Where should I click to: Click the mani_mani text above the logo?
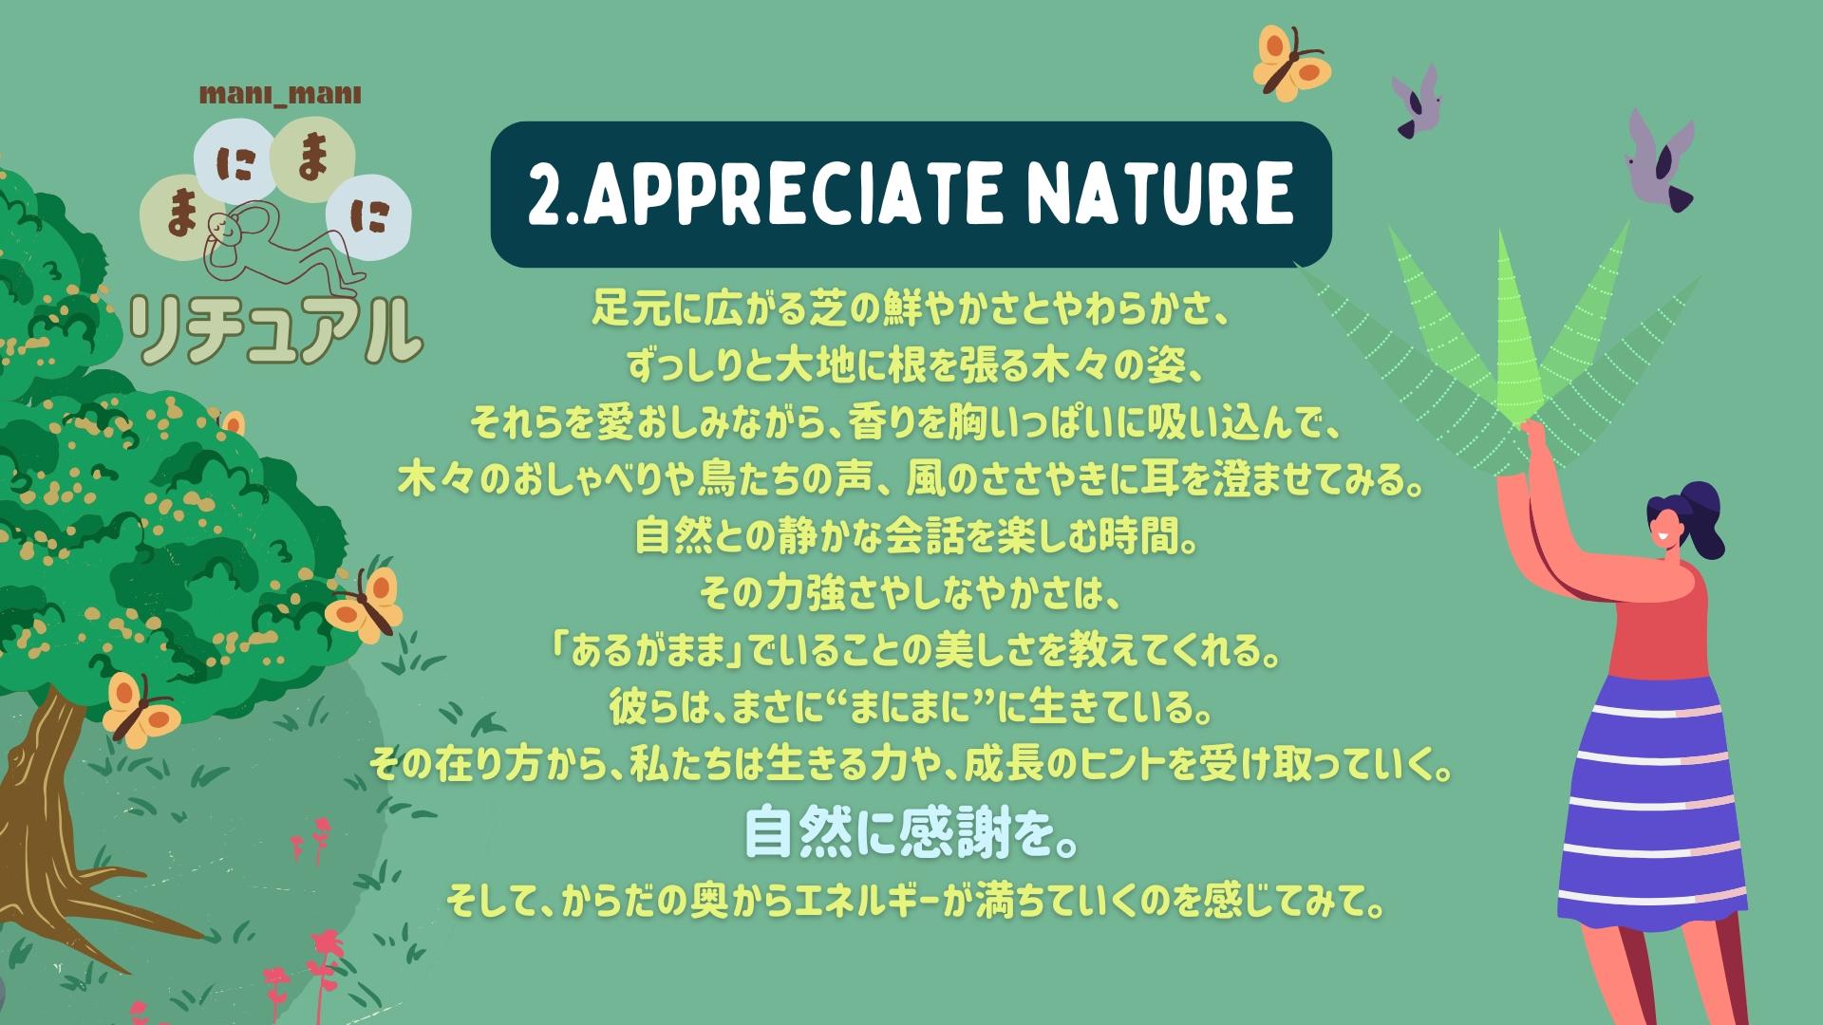point(280,94)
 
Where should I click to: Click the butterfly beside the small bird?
point(1291,62)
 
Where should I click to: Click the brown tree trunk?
point(57,807)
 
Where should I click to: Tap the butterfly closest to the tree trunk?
point(140,707)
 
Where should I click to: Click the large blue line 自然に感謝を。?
point(911,831)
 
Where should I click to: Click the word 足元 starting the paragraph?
point(630,309)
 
